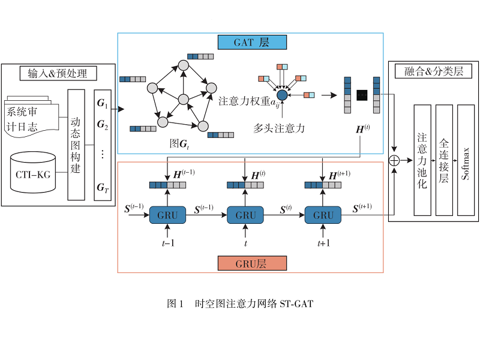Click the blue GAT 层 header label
click(251, 42)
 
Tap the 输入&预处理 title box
click(58, 73)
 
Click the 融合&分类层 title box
click(433, 71)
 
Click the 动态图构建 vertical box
click(76, 144)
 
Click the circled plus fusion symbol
click(394, 160)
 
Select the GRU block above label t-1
click(167, 215)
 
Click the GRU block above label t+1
click(323, 215)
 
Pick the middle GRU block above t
click(245, 215)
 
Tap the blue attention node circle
click(282, 94)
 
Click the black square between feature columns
click(362, 95)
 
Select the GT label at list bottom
click(103, 188)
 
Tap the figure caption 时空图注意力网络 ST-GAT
click(240, 304)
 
